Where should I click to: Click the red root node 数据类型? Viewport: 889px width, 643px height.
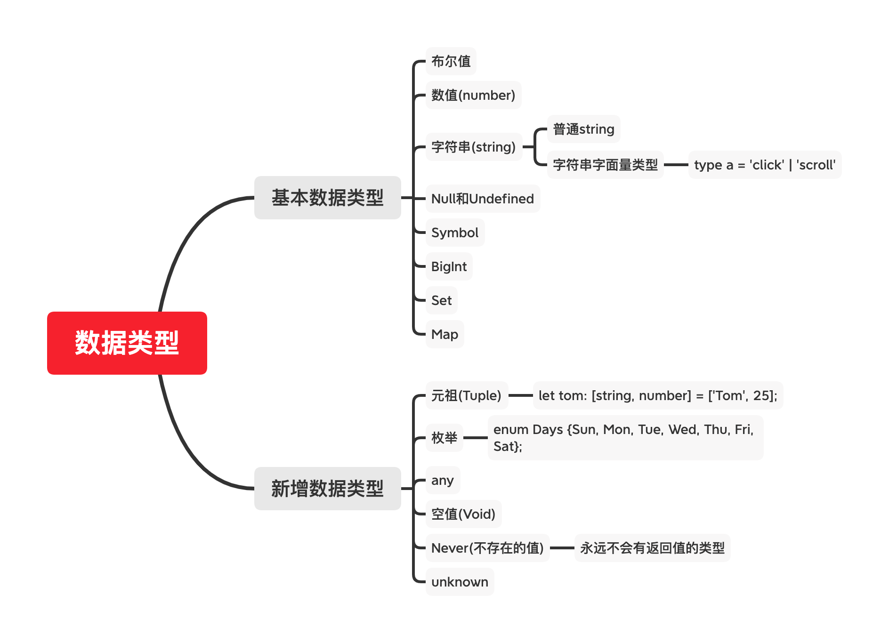point(127,343)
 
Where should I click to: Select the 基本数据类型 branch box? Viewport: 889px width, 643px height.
point(328,198)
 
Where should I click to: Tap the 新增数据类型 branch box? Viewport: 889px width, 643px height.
point(328,489)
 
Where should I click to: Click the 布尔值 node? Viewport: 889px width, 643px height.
point(451,61)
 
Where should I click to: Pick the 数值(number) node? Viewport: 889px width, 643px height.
point(474,95)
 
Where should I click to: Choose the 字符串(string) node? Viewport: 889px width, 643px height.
point(474,147)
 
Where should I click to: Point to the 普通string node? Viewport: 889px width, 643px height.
point(584,129)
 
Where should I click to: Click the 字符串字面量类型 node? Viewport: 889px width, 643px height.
point(606,165)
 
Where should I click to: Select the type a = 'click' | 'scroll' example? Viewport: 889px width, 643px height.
point(765,165)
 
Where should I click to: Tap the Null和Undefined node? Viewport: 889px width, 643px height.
point(483,199)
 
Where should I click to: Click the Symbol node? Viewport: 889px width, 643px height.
point(455,233)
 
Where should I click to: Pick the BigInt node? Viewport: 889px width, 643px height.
point(449,266)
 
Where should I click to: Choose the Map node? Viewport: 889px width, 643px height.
point(445,334)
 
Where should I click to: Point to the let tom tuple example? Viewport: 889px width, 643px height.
point(658,395)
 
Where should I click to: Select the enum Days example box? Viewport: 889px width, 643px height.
point(626,438)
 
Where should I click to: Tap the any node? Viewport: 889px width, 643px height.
point(443,480)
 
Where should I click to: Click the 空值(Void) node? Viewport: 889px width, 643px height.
point(464,514)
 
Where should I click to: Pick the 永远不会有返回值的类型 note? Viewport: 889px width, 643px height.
point(653,548)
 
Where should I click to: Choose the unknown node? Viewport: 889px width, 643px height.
point(460,582)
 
